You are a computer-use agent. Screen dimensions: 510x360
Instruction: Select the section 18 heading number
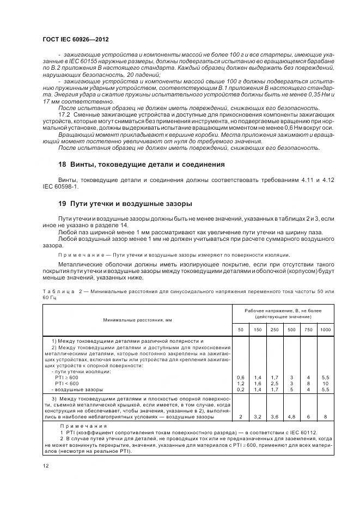pos(62,164)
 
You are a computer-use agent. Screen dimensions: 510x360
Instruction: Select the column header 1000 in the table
pos(325,330)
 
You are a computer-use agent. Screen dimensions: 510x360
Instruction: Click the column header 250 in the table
pos(274,330)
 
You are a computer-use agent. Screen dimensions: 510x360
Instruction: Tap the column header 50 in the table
pos(241,330)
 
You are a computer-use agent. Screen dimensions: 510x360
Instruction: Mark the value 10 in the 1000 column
pos(325,384)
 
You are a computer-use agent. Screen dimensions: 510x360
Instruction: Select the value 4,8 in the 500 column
pos(291,417)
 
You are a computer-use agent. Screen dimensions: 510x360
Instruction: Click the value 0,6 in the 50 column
pos(241,378)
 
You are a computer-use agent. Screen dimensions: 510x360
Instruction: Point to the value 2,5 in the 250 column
pos(274,384)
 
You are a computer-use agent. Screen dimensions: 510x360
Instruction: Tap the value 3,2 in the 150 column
pos(258,417)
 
